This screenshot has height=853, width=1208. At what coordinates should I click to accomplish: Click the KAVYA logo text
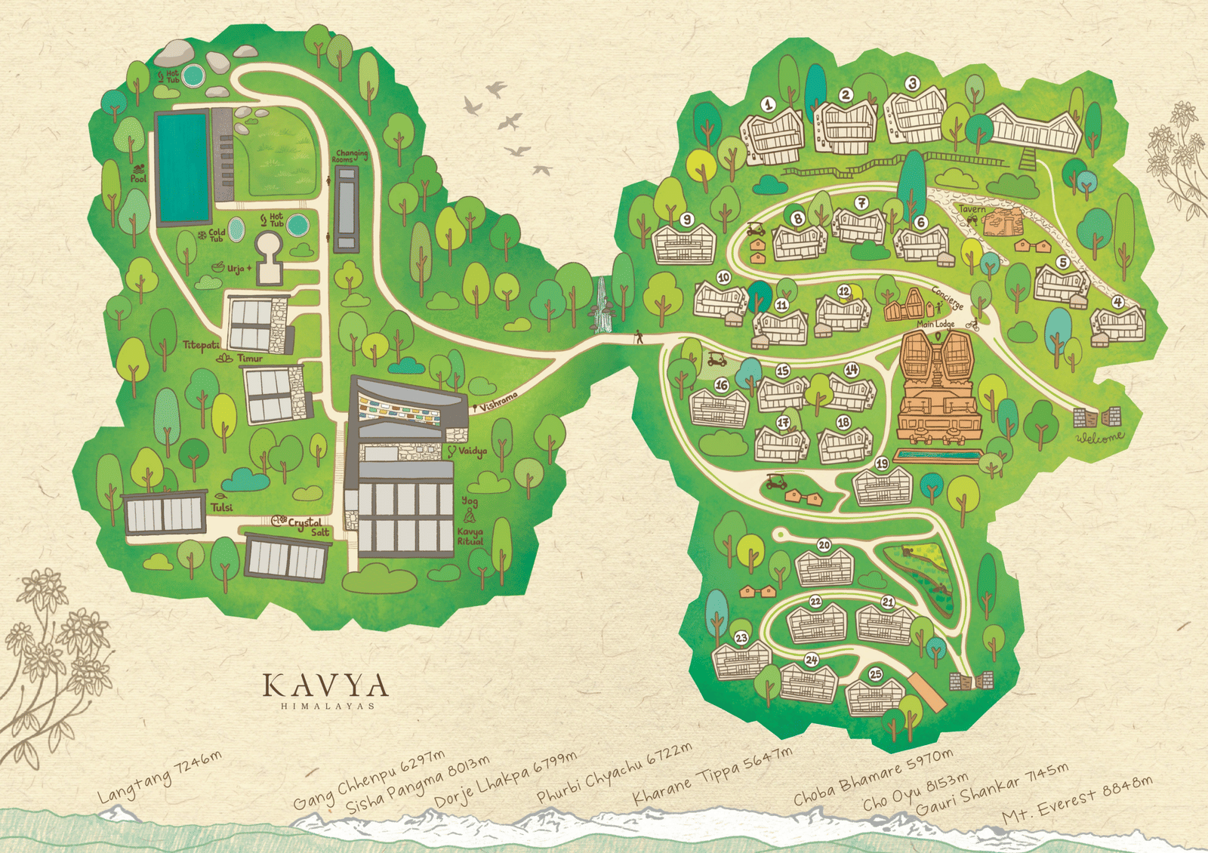(x=325, y=686)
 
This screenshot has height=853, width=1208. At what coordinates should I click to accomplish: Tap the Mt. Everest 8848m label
(x=1077, y=801)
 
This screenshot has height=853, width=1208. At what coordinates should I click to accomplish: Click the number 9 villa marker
(x=686, y=220)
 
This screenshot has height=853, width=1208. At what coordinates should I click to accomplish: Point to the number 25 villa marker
(x=875, y=674)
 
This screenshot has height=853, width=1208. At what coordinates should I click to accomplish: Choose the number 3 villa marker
(x=912, y=84)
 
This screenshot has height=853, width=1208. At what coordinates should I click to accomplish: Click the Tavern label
(x=972, y=209)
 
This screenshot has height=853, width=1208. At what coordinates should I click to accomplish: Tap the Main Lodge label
(x=935, y=324)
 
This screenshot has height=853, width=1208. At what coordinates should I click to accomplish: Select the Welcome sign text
(x=1100, y=437)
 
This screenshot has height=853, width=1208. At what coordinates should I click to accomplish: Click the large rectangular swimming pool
(x=182, y=167)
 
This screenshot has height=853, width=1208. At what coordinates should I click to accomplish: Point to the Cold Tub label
(x=216, y=236)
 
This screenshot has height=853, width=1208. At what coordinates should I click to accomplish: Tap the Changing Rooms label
(x=351, y=156)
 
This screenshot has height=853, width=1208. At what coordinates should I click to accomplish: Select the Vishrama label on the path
(x=499, y=401)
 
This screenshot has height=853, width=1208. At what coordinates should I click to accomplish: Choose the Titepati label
(x=201, y=345)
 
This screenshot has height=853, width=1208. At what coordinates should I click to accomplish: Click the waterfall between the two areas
(x=602, y=306)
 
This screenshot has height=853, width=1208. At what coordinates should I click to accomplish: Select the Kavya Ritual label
(x=470, y=536)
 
